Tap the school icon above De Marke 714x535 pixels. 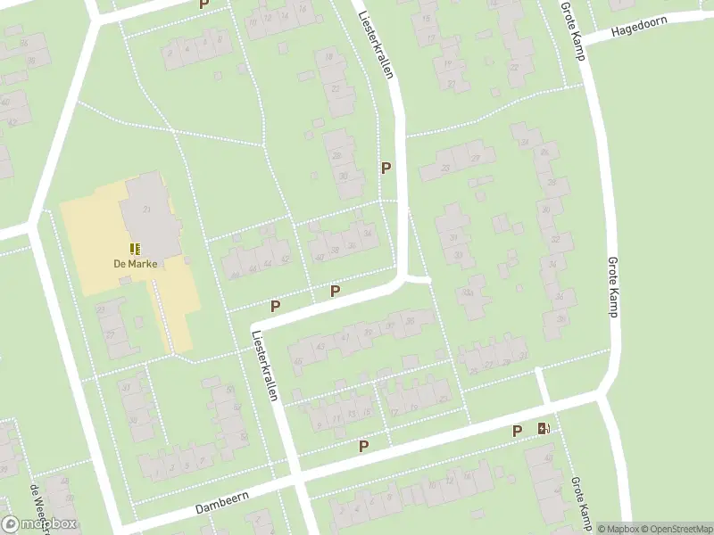point(135,249)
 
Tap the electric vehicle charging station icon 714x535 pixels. point(544,430)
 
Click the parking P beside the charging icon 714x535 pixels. point(517,432)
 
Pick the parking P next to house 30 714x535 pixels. point(386,168)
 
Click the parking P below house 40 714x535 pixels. point(335,291)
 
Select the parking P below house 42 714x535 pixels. point(275,306)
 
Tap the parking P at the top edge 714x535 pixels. point(203,4)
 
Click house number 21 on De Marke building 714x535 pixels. point(145,208)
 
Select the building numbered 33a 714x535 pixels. point(469,292)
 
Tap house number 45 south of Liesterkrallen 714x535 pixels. point(297,361)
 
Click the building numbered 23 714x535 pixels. point(443,167)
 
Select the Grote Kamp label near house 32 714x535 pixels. point(613,284)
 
